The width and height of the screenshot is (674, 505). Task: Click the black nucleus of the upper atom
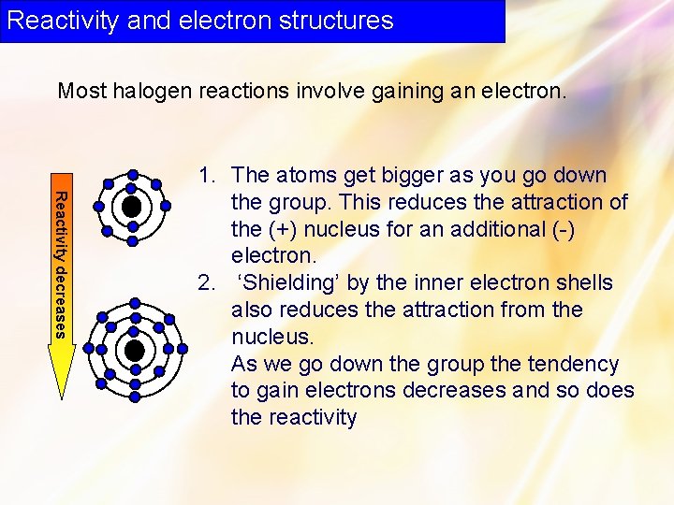(x=132, y=206)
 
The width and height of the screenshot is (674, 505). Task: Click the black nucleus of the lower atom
(x=135, y=351)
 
